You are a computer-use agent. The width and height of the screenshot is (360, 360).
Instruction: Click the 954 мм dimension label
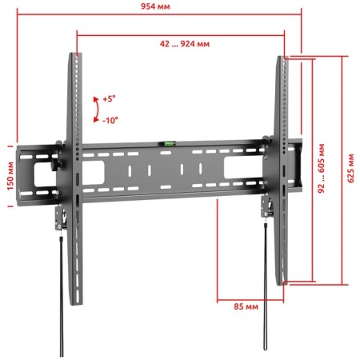coord(155,6)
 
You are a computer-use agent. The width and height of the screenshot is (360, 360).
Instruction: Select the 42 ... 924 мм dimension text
coord(185,43)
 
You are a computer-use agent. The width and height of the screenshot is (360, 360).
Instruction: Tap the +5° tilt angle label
coord(109,99)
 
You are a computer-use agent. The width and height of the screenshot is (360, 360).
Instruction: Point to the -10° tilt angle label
coord(110,120)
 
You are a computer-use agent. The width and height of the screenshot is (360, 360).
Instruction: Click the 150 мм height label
coord(10,176)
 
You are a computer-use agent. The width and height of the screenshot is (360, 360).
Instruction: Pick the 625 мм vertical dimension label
coord(351,168)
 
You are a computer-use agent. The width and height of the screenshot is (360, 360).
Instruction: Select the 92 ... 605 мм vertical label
coord(322,168)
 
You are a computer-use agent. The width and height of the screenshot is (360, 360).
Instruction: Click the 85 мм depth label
coord(246,306)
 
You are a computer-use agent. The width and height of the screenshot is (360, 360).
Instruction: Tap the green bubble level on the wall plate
coord(168,144)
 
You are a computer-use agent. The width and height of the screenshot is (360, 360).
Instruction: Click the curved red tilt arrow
coord(98,110)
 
